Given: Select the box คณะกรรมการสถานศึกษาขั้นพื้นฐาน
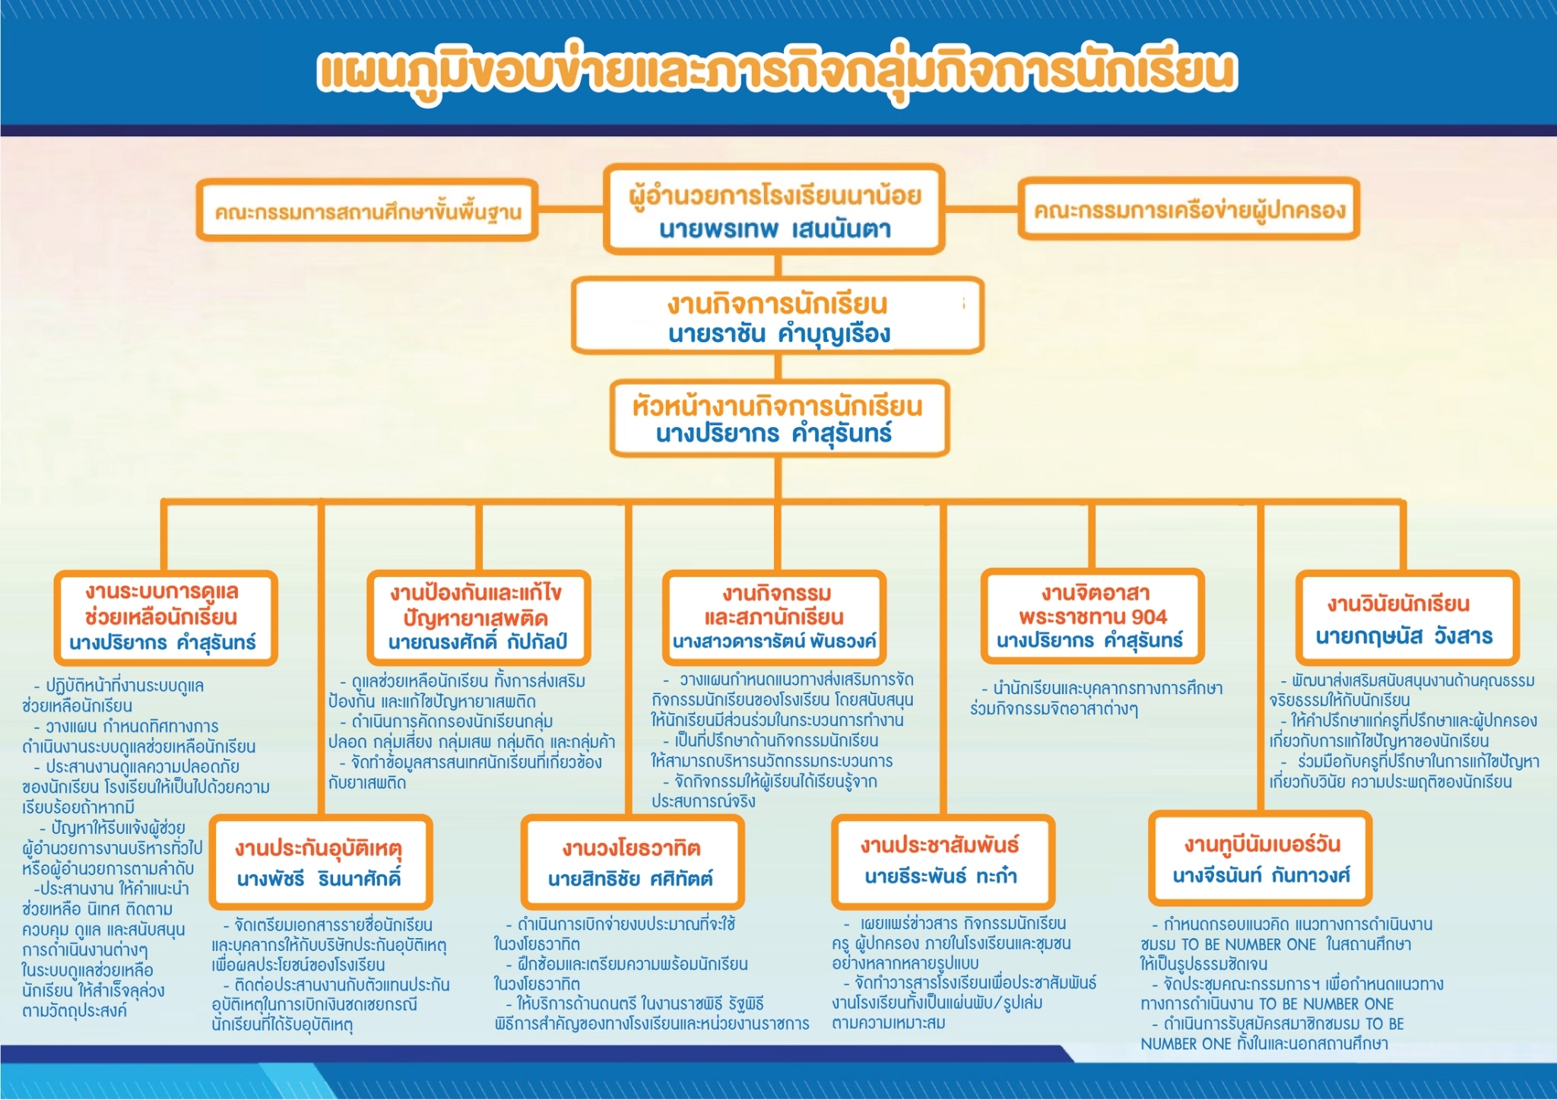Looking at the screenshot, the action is coord(367,211).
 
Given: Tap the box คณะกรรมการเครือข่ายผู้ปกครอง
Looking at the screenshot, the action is coord(1188,209).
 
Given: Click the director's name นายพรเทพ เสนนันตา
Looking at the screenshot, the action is coord(775,229).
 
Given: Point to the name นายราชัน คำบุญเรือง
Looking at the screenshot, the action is coord(778,334).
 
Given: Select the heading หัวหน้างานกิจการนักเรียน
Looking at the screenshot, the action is coord(778,406).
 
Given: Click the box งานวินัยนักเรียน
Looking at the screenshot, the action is coord(1407,617).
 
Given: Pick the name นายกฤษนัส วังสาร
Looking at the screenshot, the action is coord(1404,636).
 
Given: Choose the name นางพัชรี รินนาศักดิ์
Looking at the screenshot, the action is coord(319,878).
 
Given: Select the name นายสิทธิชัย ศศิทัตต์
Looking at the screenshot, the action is coord(630,879).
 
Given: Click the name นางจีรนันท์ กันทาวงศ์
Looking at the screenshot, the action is coord(1261,876).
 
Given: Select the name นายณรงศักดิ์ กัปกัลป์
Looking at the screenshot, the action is coord(477,642).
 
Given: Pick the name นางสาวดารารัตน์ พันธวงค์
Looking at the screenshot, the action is coord(774,641).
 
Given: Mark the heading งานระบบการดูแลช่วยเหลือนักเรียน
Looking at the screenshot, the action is coord(162,604).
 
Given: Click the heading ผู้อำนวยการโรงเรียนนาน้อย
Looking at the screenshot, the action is coord(775,196).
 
